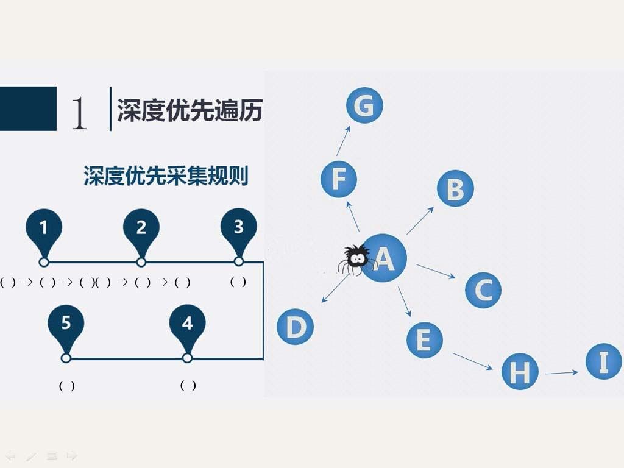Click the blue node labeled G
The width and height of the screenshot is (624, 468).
point(364,105)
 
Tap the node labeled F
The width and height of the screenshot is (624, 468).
point(339,179)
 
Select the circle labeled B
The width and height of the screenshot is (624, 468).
point(455,188)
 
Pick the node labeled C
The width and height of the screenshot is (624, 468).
point(483,290)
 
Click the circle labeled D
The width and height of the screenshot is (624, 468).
point(296,327)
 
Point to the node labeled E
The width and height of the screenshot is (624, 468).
point(425,340)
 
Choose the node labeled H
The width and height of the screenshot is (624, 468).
point(520,371)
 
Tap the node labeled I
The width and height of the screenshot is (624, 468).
point(604,361)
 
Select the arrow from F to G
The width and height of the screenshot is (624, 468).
point(344,141)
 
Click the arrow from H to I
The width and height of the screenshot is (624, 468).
point(562,373)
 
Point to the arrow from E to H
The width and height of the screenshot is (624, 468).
point(473,361)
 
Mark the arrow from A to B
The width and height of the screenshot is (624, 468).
point(420,221)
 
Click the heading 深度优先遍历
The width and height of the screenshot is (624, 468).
point(190,110)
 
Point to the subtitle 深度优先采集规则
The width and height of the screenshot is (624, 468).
point(166,175)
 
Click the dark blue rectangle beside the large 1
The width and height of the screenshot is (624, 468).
point(28,108)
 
